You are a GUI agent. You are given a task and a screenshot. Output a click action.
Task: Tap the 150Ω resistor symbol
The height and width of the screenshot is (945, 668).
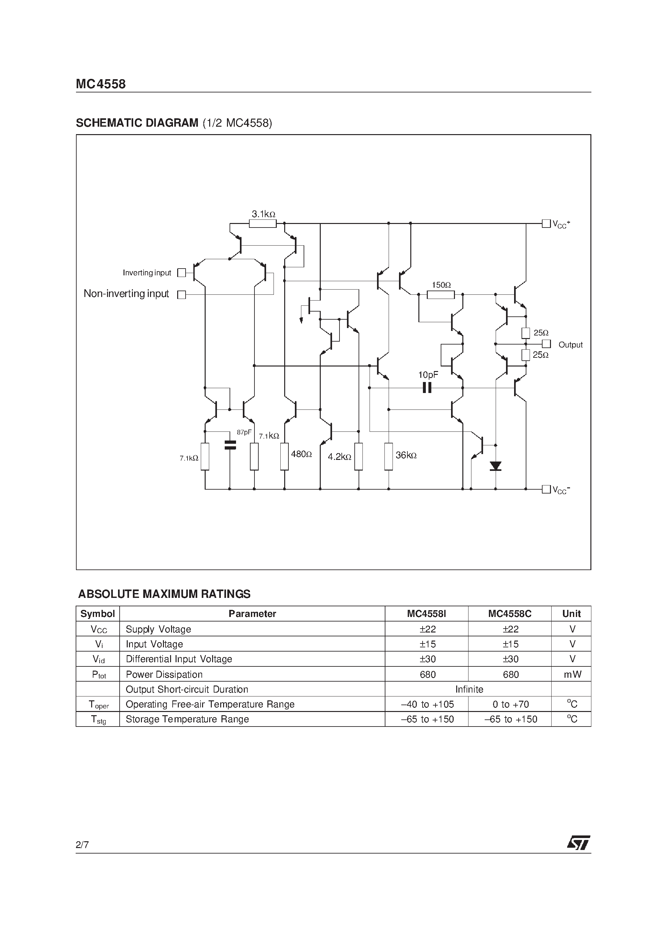coord(441,295)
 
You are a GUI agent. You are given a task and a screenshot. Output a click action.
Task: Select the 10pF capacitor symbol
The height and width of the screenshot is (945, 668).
coord(427,388)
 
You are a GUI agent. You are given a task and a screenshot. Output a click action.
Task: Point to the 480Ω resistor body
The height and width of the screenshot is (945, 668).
coord(284,456)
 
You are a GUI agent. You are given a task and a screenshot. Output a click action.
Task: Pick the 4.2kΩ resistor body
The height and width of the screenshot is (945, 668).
coord(359,456)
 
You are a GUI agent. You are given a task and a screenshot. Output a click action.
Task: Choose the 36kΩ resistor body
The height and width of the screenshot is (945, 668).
coord(388,456)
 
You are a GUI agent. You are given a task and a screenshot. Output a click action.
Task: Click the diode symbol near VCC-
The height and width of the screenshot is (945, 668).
coord(495,466)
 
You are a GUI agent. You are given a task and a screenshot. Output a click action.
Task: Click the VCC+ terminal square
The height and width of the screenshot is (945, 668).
coord(546,224)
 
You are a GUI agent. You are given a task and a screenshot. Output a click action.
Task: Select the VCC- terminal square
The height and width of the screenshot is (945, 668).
coord(546,489)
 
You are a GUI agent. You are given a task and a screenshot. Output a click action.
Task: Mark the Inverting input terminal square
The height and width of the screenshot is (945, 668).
coord(181,272)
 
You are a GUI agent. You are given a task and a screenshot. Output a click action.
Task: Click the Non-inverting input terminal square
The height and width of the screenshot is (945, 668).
coord(181,295)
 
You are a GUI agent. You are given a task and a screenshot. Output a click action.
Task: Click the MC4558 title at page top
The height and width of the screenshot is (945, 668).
coord(101,84)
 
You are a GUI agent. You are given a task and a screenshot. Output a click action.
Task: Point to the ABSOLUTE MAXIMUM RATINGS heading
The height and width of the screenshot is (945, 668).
coord(164,594)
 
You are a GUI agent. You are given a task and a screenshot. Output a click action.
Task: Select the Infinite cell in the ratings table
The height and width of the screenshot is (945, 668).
coord(469,689)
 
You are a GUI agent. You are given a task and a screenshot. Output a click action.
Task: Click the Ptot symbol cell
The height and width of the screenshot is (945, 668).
coord(98,674)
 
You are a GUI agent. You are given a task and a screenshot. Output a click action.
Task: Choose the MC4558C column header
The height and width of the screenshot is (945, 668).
coord(510,614)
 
